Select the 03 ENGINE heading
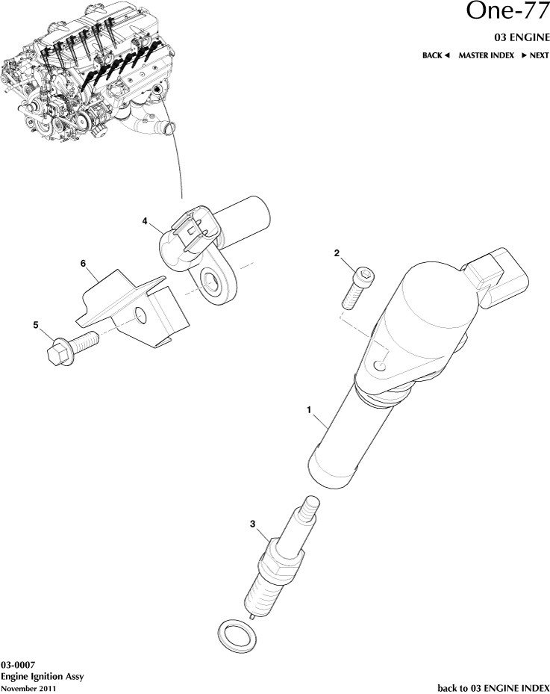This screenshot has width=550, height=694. (522, 37)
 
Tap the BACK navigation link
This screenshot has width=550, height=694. (436, 56)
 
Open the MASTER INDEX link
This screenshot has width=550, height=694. (486, 56)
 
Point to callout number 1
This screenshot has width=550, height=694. (309, 410)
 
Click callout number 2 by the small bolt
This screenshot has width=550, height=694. (337, 254)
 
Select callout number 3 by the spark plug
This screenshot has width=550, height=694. (253, 524)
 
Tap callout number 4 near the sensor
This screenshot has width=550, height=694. (146, 221)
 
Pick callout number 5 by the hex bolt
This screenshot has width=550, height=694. (35, 325)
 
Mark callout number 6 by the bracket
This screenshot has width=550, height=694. (84, 263)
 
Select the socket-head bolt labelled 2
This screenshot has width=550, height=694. (356, 287)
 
